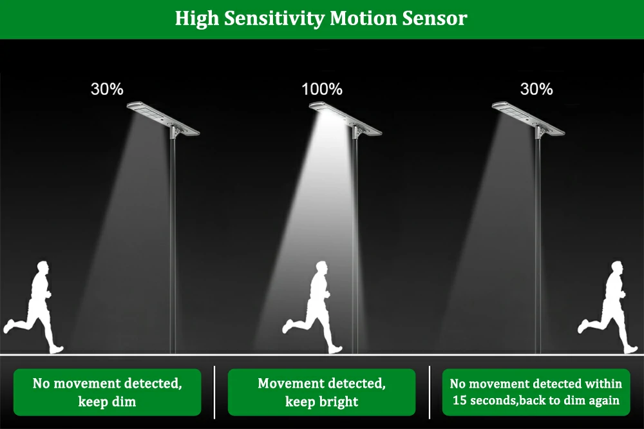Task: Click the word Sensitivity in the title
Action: pyautogui.click(x=274, y=19)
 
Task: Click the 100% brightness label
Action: pyautogui.click(x=322, y=89)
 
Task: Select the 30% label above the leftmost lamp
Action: pyautogui.click(x=107, y=89)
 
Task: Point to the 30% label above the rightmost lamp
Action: pyautogui.click(x=536, y=89)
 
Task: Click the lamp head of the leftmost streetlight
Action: pyautogui.click(x=163, y=119)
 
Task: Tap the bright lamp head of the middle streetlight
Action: pyautogui.click(x=345, y=119)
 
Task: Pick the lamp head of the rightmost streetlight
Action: pyautogui.click(x=528, y=119)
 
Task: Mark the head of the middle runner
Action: pyautogui.click(x=322, y=269)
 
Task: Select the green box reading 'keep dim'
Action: pyautogui.click(x=107, y=392)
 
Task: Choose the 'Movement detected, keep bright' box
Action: pyautogui.click(x=321, y=392)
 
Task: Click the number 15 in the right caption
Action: pyautogui.click(x=460, y=400)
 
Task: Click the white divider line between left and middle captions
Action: pyautogui.click(x=214, y=392)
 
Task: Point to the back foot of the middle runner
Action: pyautogui.click(x=287, y=327)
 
